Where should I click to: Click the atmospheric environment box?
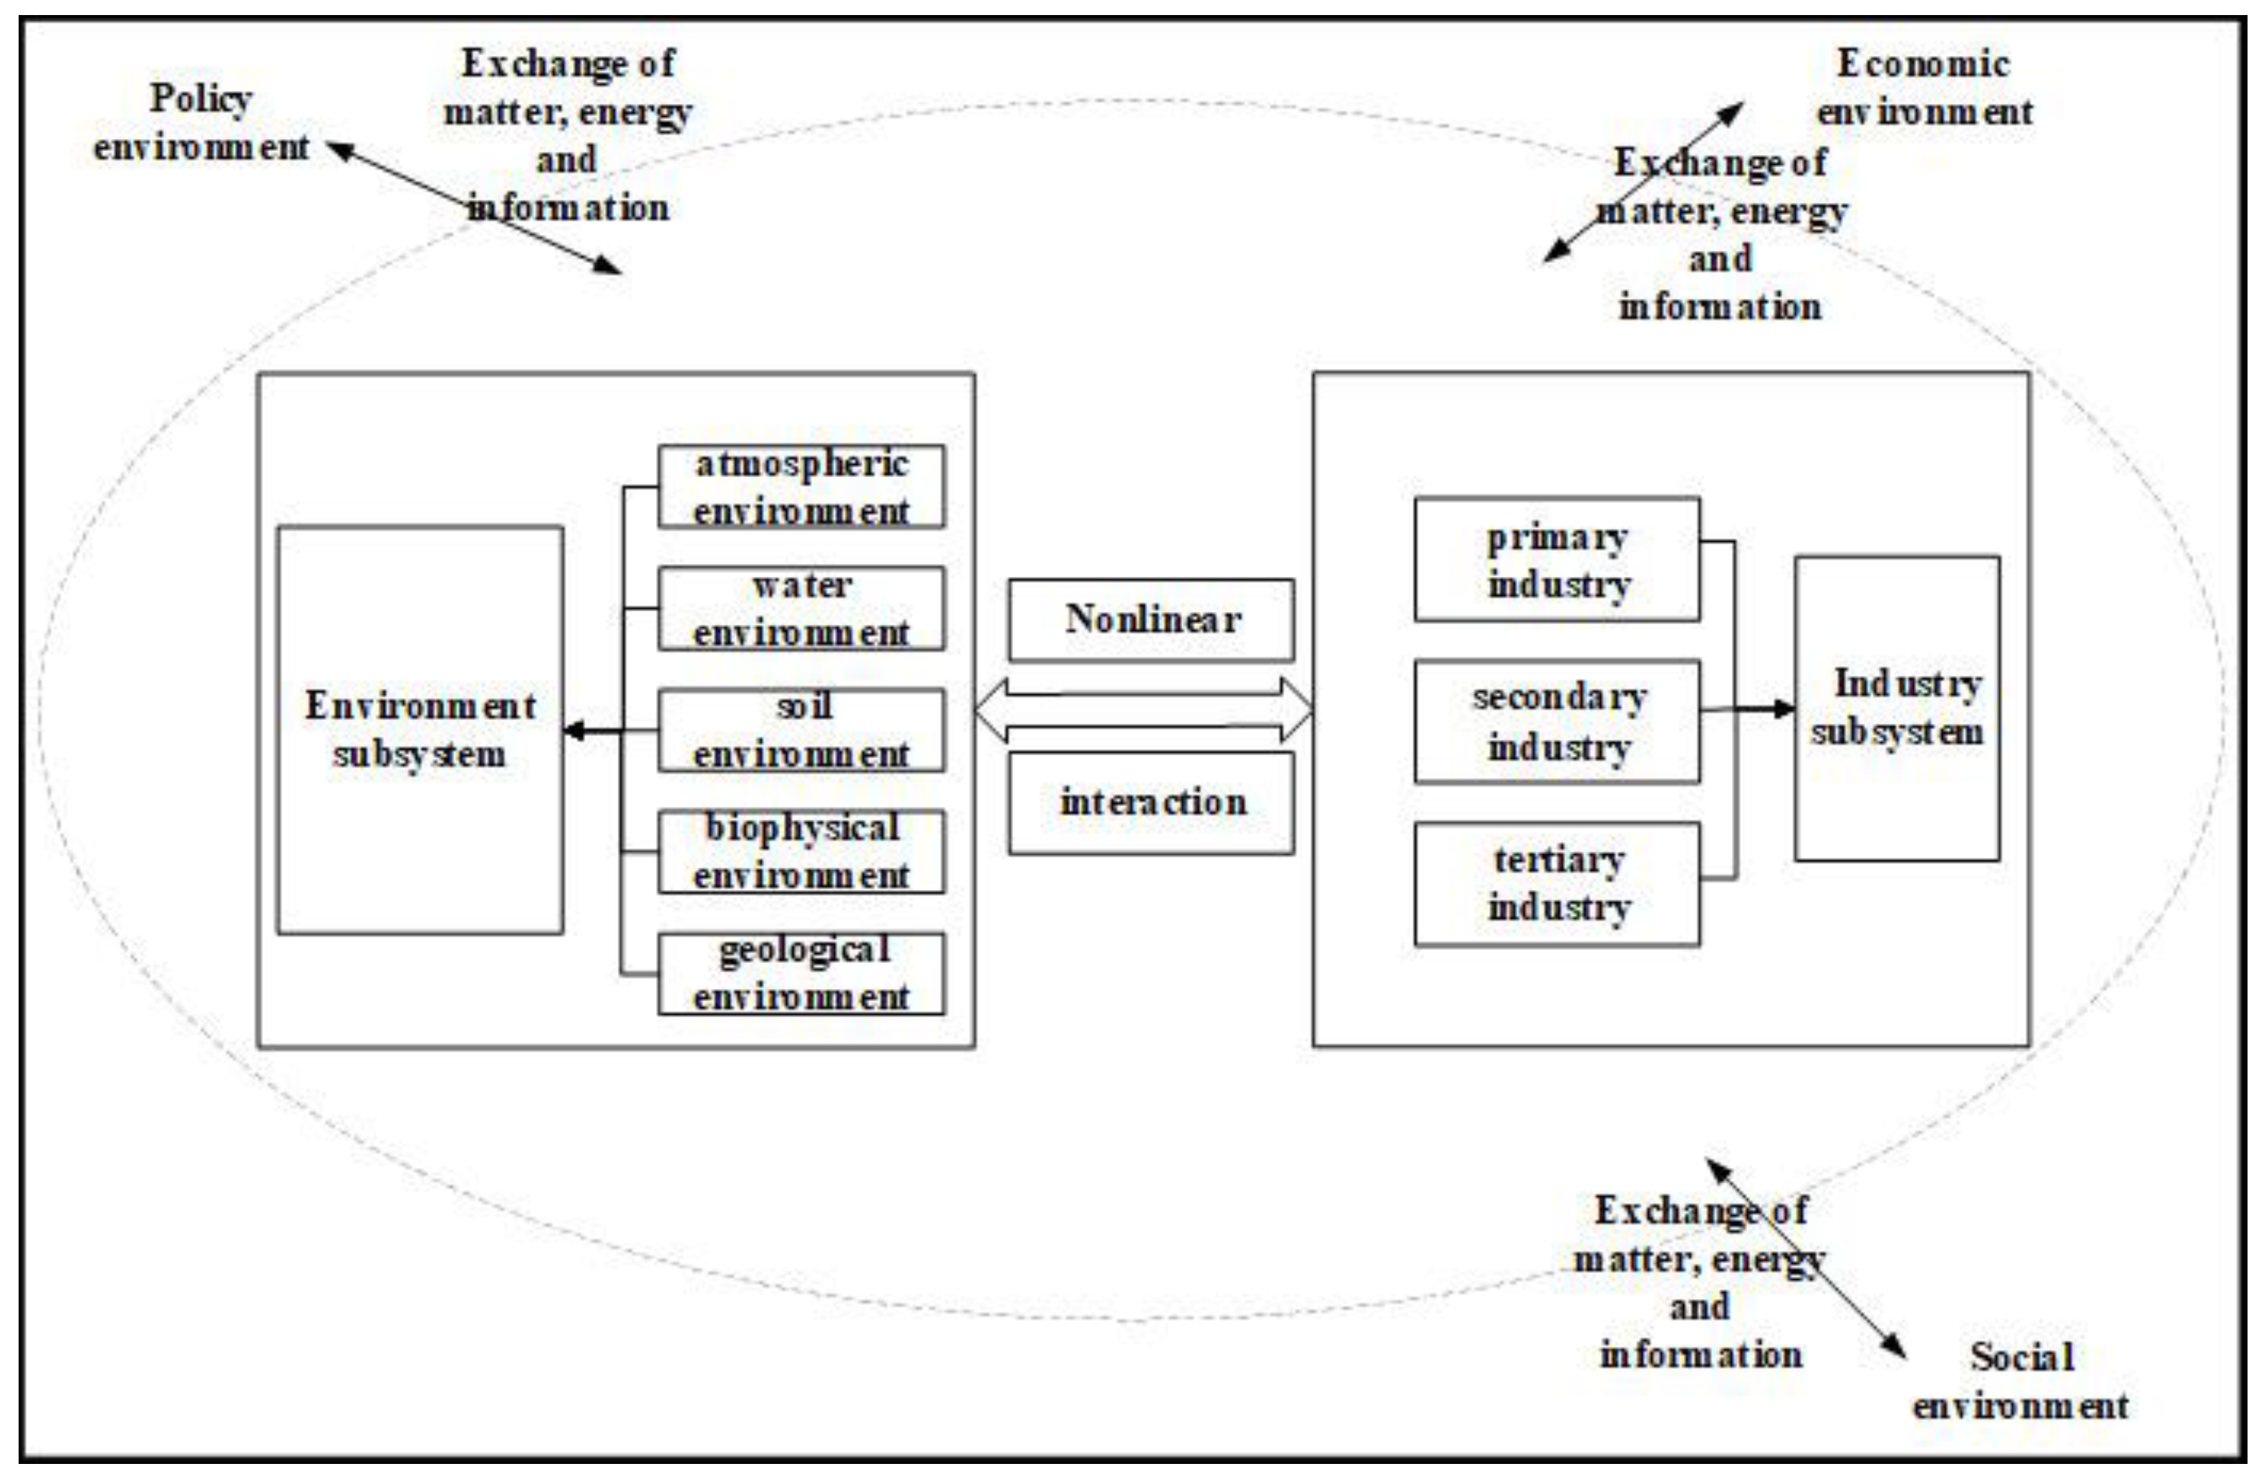point(801,487)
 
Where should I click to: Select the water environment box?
point(801,608)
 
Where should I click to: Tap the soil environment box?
point(801,730)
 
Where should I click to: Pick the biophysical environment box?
point(801,852)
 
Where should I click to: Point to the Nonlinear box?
point(1151,620)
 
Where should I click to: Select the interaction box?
point(1151,803)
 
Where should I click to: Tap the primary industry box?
point(1557,560)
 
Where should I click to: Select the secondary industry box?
point(1557,722)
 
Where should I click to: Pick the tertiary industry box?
point(1557,884)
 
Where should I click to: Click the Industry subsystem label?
point(1897,708)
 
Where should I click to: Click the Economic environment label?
point(1923,87)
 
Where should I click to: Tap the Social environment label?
point(2021,1381)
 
